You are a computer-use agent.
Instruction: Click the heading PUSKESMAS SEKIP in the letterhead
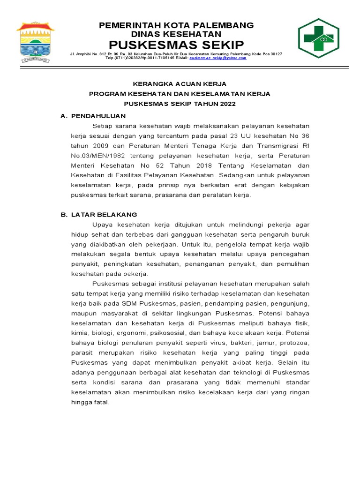point(176,45)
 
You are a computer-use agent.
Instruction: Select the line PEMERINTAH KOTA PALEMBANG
point(176,25)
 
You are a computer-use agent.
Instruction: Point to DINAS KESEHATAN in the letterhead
point(176,34)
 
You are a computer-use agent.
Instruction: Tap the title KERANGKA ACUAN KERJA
point(180,84)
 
